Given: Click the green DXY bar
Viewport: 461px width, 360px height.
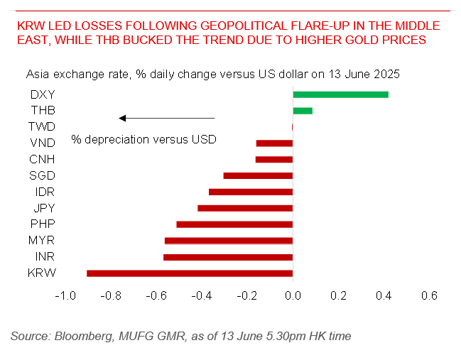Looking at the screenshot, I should [340, 94].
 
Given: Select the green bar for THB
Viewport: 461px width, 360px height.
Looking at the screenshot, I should [303, 111].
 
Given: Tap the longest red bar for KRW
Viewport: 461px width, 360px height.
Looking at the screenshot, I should [190, 273].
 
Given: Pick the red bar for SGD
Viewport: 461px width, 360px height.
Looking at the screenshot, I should [258, 175].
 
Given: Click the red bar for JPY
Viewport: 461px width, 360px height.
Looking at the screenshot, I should [245, 208].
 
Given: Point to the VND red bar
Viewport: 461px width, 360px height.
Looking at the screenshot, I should [274, 143].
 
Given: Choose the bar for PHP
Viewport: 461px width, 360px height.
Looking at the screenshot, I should [234, 224].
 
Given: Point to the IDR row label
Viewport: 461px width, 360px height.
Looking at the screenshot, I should [43, 192].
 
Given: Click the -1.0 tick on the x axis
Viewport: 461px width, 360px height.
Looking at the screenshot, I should [65, 296].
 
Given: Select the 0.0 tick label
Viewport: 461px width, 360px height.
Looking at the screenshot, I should [293, 296].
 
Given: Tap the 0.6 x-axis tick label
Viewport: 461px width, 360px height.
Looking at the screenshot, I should [429, 296].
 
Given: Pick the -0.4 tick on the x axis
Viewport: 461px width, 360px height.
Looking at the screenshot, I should [202, 296].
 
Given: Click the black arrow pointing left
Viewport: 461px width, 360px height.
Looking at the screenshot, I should [166, 118].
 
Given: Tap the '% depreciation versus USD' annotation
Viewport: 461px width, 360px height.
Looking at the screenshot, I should [143, 140].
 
